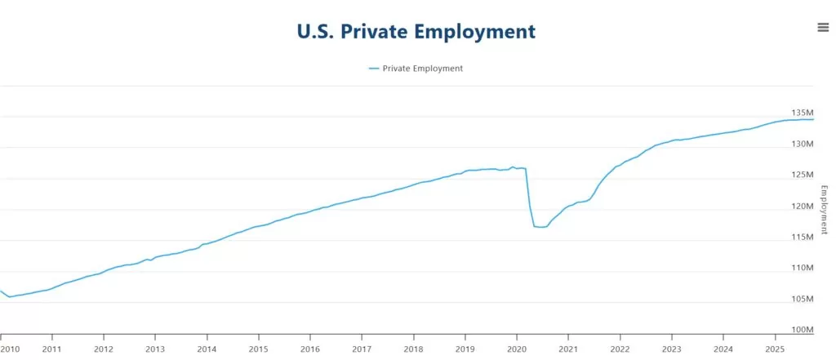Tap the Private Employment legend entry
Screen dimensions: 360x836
tap(422, 69)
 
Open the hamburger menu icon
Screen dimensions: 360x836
tap(823, 27)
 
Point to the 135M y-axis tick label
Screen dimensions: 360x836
tap(803, 113)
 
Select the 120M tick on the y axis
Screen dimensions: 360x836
tap(803, 206)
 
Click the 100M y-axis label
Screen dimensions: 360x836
tap(803, 330)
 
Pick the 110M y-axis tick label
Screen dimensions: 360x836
tap(803, 268)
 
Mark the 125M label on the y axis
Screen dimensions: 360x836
tap(803, 175)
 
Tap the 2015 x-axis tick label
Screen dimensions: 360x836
tap(258, 349)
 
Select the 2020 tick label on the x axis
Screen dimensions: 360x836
tap(517, 349)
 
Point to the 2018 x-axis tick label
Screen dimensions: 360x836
tap(413, 349)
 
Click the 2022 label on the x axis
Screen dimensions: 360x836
tap(620, 349)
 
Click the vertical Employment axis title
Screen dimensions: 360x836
tap(824, 209)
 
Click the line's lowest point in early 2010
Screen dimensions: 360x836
tap(10, 297)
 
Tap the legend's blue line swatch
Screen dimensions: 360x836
tap(374, 69)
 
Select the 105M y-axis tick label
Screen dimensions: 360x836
tap(803, 299)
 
